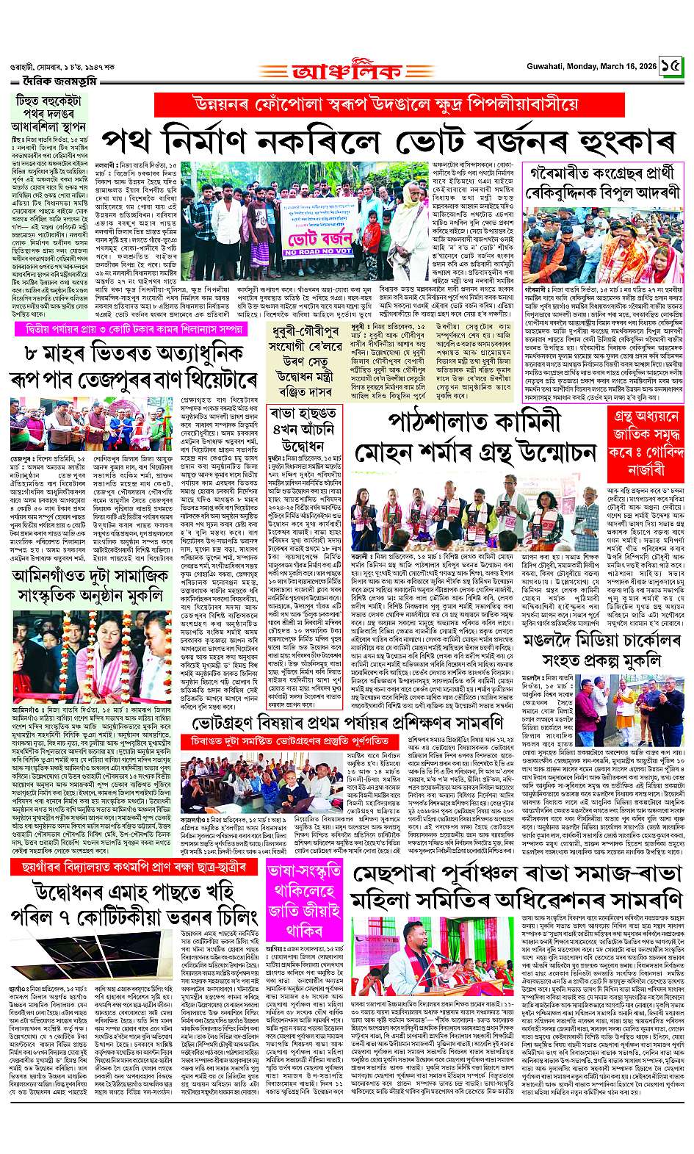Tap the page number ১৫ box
coord(670,66)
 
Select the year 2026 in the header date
coord(646,66)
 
